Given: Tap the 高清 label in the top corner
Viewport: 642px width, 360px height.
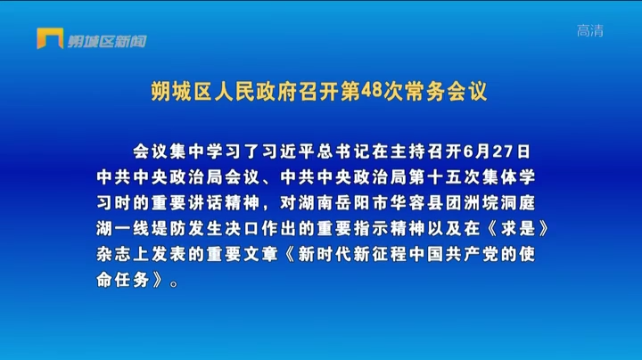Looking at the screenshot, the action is (x=590, y=30).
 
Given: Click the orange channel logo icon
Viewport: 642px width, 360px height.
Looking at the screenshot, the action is (x=50, y=38).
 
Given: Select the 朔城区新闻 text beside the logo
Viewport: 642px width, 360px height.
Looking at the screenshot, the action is (x=107, y=41).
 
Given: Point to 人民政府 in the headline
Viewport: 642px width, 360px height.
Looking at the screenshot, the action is (x=256, y=91).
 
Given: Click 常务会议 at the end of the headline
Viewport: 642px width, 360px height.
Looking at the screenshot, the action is (x=446, y=91).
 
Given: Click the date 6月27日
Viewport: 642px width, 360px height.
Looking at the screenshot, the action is (x=497, y=151).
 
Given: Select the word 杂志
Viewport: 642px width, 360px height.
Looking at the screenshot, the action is (x=114, y=255).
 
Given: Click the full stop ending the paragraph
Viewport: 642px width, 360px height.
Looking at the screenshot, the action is (x=174, y=283).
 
